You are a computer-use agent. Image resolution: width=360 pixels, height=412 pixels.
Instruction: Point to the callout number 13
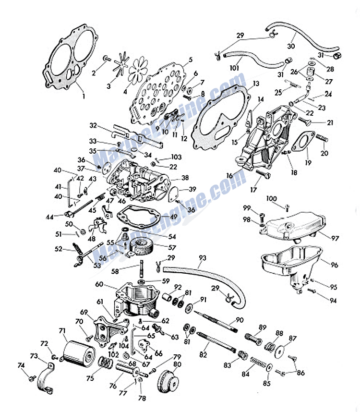coord(256,84)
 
